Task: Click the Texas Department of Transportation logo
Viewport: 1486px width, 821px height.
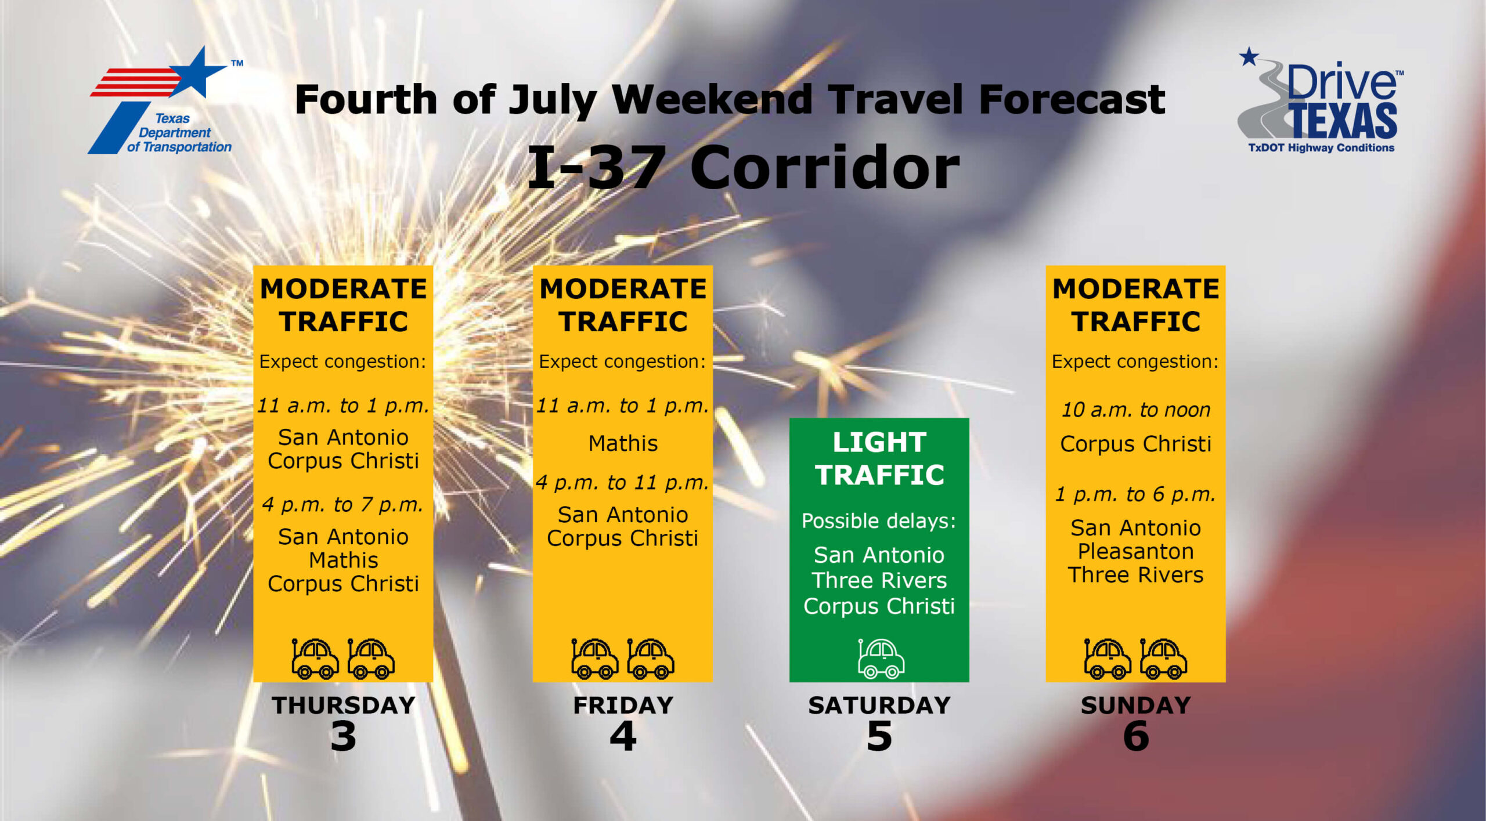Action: pyautogui.click(x=165, y=101)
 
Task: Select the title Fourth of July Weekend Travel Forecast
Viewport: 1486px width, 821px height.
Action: pyautogui.click(x=730, y=100)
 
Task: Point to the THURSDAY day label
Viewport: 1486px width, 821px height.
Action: pyautogui.click(x=344, y=705)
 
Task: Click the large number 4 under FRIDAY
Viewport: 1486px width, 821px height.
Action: pyautogui.click(x=623, y=736)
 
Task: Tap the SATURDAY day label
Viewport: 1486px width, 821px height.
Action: pyautogui.click(x=879, y=705)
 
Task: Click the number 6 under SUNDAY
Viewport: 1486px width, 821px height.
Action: pyautogui.click(x=1136, y=736)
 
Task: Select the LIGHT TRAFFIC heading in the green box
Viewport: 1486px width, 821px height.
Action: pyautogui.click(x=879, y=458)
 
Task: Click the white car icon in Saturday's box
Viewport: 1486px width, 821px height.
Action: pyautogui.click(x=881, y=659)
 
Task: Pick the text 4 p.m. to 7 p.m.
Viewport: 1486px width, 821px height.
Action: pyautogui.click(x=342, y=505)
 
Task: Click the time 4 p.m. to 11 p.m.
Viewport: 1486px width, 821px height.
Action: pyautogui.click(x=622, y=482)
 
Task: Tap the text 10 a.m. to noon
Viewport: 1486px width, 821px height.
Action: pyautogui.click(x=1136, y=410)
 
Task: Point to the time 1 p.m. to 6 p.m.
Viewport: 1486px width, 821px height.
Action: pyautogui.click(x=1135, y=494)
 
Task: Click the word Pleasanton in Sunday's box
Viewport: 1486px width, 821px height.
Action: pyautogui.click(x=1136, y=551)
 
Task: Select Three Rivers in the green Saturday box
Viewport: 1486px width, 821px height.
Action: pyautogui.click(x=879, y=580)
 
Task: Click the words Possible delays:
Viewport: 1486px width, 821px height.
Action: pyautogui.click(x=879, y=521)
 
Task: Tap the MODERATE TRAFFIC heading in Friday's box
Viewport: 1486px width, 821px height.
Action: pyautogui.click(x=623, y=305)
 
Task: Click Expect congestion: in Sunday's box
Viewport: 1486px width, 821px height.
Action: pyautogui.click(x=1135, y=361)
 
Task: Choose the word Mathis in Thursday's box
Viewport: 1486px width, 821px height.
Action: pyautogui.click(x=344, y=560)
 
